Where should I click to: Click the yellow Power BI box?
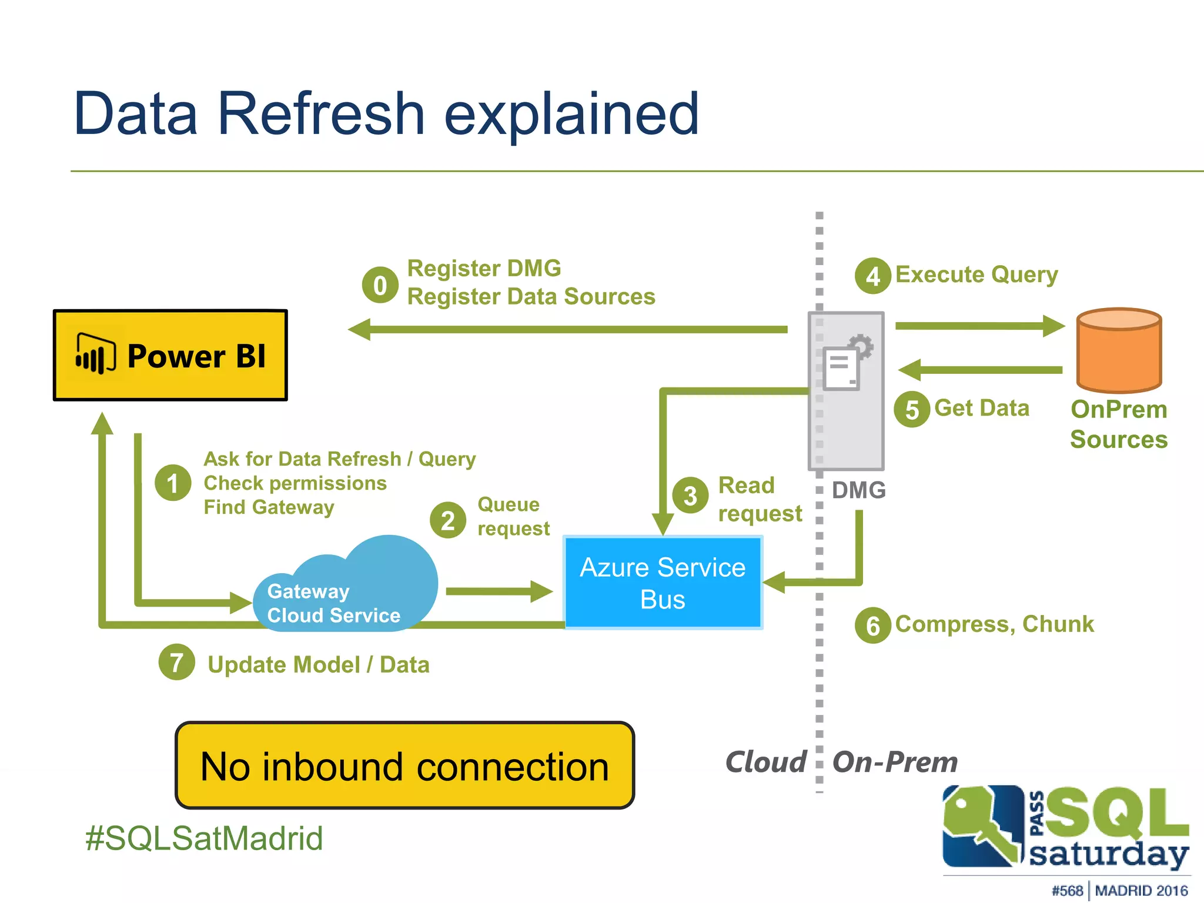[x=170, y=355]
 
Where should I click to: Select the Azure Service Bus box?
[x=663, y=583]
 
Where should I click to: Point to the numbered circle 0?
[x=380, y=285]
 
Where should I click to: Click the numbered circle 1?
[x=173, y=483]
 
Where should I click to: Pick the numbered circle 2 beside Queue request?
[x=448, y=520]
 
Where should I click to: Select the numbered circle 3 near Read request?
[x=690, y=495]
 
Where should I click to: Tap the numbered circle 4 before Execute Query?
[x=873, y=276]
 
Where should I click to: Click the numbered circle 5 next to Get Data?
[x=912, y=409]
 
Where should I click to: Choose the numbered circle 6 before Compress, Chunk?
[x=873, y=625]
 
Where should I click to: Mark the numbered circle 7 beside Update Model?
[x=176, y=663]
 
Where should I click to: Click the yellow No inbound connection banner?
[x=404, y=765]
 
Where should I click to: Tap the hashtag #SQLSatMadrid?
[x=204, y=838]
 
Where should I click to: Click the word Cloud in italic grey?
[x=765, y=762]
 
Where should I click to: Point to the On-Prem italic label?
[x=895, y=762]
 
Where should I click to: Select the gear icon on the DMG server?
[x=861, y=346]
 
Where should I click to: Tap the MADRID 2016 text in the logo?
[x=1141, y=891]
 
